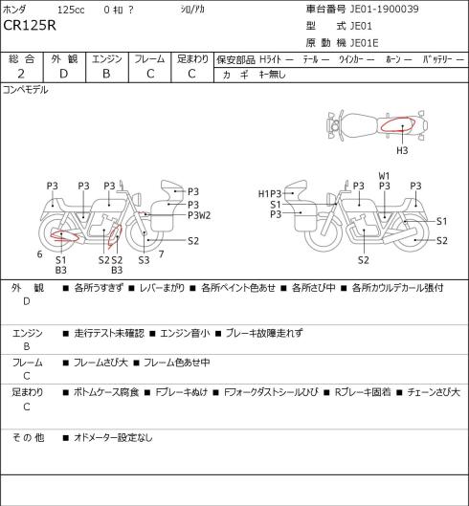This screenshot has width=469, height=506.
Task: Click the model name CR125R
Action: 30,26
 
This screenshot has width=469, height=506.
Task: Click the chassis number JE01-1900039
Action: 385,9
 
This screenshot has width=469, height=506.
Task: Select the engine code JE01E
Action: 364,43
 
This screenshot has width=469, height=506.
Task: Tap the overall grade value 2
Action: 21,74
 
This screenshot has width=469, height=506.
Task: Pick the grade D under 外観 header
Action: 63,74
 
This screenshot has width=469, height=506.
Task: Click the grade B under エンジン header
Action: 106,74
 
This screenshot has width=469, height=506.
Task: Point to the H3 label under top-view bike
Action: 402,150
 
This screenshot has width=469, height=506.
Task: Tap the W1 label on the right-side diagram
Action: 384,176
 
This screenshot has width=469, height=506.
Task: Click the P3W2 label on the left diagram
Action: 199,215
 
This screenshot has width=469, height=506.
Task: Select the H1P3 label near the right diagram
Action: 270,193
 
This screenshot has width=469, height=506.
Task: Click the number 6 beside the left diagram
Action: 39,254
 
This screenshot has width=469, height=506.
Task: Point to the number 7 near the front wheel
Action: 161,254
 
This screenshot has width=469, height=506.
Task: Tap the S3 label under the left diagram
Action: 144,260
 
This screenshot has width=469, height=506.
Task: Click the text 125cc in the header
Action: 71,10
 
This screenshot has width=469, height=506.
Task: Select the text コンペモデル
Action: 26,90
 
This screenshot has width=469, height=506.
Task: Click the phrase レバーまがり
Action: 162,288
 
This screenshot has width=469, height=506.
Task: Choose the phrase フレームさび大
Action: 100,363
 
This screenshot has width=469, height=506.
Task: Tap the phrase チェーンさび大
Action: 434,392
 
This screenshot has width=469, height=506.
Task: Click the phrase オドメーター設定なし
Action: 113,438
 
